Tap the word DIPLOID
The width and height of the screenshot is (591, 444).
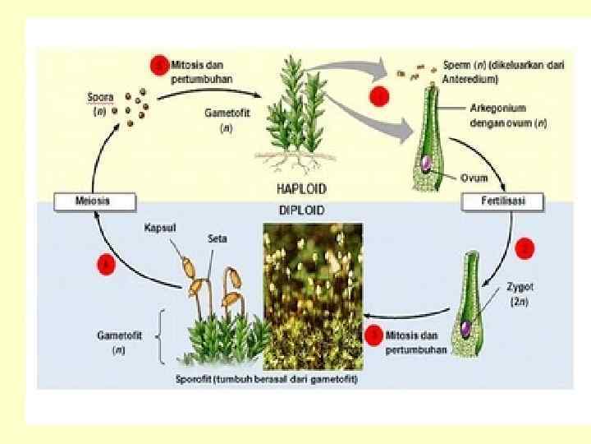[x=301, y=210]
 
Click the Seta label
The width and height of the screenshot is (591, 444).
[x=217, y=238]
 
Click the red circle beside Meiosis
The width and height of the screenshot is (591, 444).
[x=105, y=264]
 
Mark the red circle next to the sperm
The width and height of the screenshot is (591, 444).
[x=379, y=96]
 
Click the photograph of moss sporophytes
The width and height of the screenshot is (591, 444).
[x=312, y=296]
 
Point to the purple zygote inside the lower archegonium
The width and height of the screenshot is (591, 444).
[x=465, y=327]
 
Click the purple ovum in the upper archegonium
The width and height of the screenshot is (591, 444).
[x=426, y=164]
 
